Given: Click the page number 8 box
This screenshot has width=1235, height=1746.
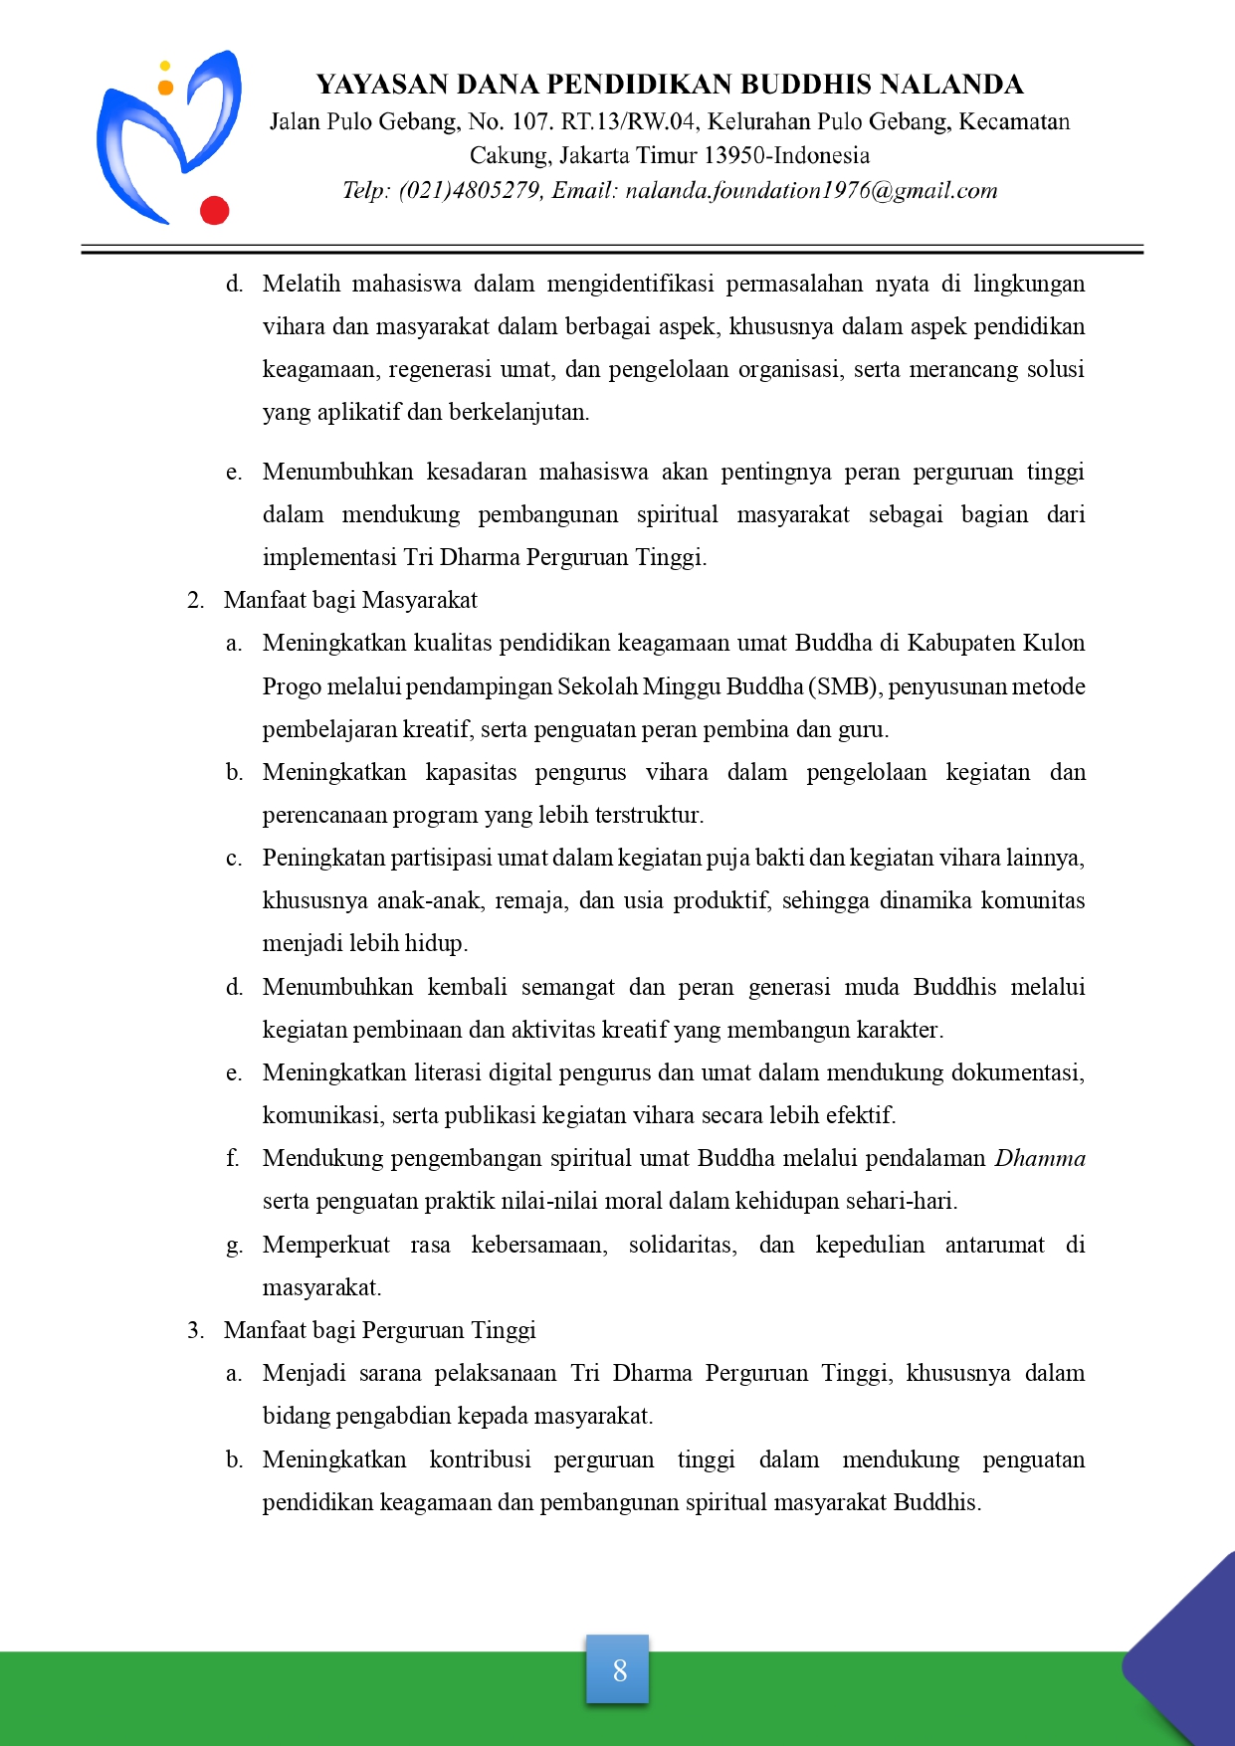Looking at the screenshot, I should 618,1669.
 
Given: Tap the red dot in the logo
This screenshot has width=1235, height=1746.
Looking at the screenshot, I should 214,211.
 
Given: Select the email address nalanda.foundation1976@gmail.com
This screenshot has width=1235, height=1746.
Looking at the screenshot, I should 811,191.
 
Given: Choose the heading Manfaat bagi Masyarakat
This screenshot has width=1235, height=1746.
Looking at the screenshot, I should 350,600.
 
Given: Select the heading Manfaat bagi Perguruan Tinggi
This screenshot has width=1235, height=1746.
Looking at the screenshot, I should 379,1330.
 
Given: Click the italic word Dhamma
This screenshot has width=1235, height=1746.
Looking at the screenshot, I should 1040,1158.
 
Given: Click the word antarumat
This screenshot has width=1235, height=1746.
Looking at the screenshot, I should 995,1245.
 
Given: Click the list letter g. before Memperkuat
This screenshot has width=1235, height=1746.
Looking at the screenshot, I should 234,1246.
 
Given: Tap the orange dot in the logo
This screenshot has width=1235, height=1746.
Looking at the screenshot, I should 165,88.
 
